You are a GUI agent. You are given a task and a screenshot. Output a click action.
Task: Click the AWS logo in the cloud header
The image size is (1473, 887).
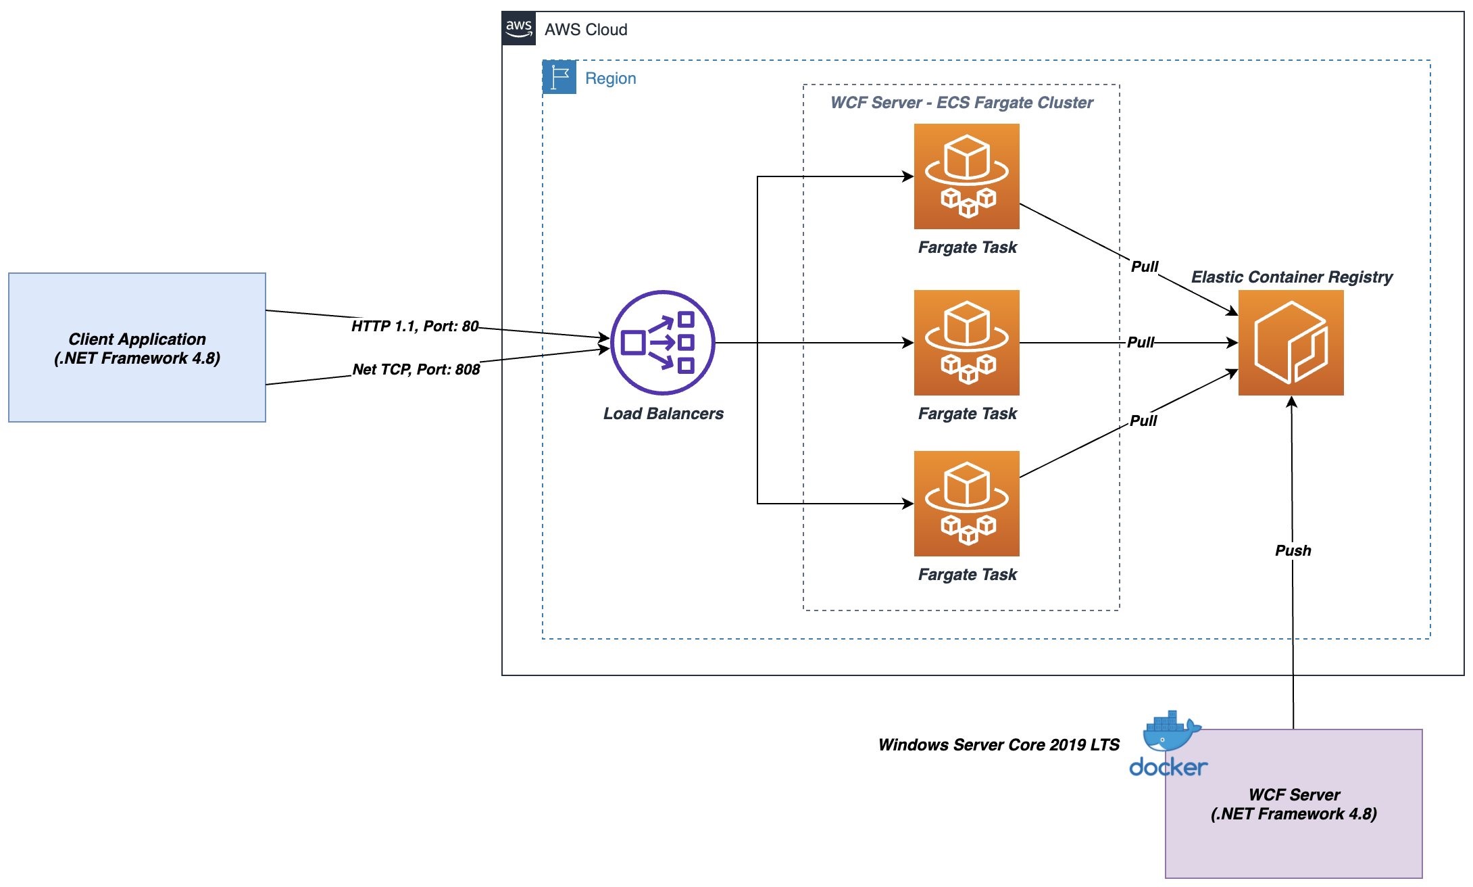pos(519,28)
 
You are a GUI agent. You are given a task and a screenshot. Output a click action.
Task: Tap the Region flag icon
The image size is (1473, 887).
pos(559,77)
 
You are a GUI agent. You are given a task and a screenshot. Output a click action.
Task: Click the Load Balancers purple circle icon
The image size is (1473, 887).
pos(662,342)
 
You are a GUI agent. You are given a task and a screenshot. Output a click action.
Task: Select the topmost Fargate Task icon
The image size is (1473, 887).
pos(966,176)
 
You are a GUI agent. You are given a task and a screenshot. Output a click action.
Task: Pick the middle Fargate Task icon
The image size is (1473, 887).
pos(966,342)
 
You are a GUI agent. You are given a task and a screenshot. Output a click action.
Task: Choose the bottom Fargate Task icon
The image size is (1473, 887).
pos(966,503)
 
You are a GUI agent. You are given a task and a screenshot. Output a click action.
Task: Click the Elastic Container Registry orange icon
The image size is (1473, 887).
pos(1291,342)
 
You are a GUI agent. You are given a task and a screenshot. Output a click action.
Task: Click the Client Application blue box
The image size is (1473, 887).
pos(137,347)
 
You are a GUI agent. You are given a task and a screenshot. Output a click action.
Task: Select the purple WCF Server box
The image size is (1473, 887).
pos(1293,804)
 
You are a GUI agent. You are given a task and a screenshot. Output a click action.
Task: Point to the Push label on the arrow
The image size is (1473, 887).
pos(1293,550)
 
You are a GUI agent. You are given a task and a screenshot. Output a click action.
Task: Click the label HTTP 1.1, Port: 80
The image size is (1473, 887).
pos(415,326)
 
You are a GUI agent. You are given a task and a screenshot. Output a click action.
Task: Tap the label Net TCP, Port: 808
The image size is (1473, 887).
pos(416,369)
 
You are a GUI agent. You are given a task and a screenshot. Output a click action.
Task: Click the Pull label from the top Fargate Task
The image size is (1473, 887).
pos(1145,266)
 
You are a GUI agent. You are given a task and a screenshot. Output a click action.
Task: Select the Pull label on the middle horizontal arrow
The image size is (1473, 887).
pos(1141,342)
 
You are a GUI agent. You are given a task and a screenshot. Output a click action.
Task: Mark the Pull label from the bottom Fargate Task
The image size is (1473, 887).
pos(1143,421)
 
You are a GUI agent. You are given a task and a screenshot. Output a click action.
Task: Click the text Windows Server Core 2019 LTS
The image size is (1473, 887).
pos(999,745)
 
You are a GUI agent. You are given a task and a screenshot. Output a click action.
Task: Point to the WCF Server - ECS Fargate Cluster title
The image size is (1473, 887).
pos(962,103)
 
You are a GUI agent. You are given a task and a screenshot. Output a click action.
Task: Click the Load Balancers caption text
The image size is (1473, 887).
pos(663,414)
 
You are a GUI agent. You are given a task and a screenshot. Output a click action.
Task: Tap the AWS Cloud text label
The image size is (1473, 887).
pos(586,30)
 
